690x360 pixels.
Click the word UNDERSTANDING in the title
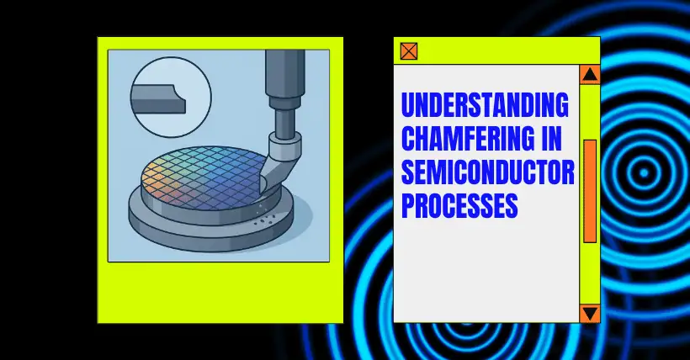tap(485, 105)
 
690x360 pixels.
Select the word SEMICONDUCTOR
tap(488, 172)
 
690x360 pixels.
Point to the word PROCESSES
tap(459, 205)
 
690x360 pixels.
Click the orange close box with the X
tap(409, 51)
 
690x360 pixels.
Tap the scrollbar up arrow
tap(590, 75)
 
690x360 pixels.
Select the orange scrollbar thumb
tap(590, 191)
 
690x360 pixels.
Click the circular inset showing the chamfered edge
tap(171, 97)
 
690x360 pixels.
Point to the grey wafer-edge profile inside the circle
tap(158, 99)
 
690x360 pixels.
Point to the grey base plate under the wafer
tap(211, 229)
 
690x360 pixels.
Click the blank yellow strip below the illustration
tap(220, 292)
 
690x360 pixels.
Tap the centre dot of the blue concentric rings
tap(645, 173)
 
